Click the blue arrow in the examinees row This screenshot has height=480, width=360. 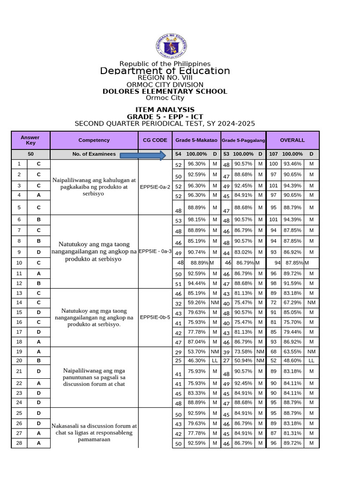coord(143,155)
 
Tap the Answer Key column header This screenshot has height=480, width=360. coord(30,140)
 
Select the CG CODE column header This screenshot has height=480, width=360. coord(155,140)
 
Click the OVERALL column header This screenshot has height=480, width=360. coord(292,140)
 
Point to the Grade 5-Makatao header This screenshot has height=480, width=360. coord(196,140)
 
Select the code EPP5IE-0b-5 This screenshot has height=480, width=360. coord(155,317)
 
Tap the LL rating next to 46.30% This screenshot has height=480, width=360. coord(215,360)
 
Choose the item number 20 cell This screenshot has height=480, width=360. coord(19,360)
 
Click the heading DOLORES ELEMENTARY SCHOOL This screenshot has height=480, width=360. coord(165,91)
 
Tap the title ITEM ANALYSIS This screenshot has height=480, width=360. coord(165,110)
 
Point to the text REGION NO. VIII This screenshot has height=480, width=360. coord(165,77)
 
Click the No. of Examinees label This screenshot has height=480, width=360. coord(94,154)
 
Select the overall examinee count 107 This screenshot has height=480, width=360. coord(273,154)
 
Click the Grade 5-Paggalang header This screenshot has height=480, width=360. coord(243,140)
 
